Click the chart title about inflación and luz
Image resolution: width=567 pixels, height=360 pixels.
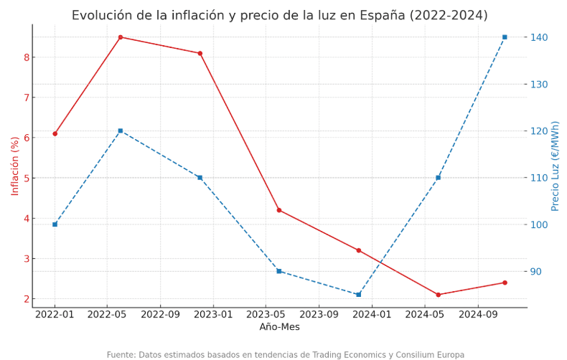pyautogui.click(x=279, y=16)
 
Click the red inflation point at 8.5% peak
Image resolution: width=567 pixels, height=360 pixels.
pyautogui.click(x=121, y=37)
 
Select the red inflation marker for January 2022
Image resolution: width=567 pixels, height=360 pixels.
pyautogui.click(x=55, y=133)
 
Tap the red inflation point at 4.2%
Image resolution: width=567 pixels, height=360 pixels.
pyautogui.click(x=279, y=210)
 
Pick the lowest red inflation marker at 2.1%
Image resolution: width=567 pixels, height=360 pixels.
pyautogui.click(x=439, y=295)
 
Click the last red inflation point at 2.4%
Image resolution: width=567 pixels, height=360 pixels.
pyautogui.click(x=505, y=283)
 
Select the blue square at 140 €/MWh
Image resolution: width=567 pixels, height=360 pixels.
pyautogui.click(x=505, y=37)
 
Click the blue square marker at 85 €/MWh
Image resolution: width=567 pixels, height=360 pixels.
pyautogui.click(x=359, y=295)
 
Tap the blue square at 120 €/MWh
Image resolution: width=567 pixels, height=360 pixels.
pyautogui.click(x=121, y=131)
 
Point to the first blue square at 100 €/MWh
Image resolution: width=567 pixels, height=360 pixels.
pyautogui.click(x=55, y=224)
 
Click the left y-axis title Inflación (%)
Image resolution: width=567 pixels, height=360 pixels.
pyautogui.click(x=15, y=166)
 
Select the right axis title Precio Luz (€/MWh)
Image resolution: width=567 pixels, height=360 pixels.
pyautogui.click(x=556, y=166)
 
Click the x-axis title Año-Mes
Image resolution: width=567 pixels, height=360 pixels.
pyautogui.click(x=279, y=327)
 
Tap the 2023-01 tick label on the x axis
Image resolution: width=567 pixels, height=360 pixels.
pyautogui.click(x=213, y=314)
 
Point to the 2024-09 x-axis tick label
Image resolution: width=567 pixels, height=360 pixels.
pyautogui.click(x=478, y=314)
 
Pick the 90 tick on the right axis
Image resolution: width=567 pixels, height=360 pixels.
pyautogui.click(x=536, y=272)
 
